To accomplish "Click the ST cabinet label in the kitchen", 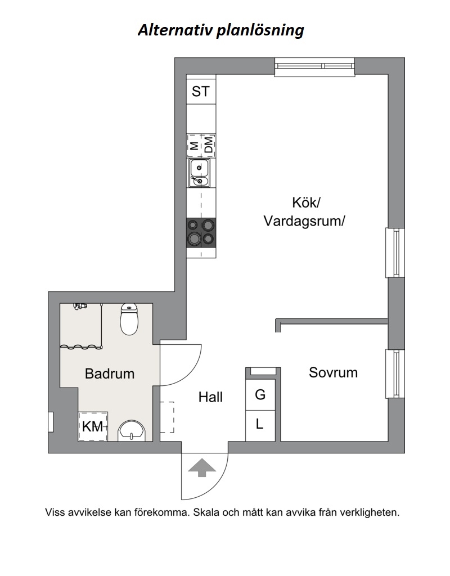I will pyautogui.click(x=201, y=91).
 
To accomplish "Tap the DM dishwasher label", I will pyautogui.click(x=209, y=146).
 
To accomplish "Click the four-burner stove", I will pyautogui.click(x=201, y=232).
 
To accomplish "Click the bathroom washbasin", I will pyautogui.click(x=132, y=431).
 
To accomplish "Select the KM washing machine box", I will pyautogui.click(x=93, y=426).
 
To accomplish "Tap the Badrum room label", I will pyautogui.click(x=110, y=373).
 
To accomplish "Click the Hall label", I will pyautogui.click(x=210, y=397).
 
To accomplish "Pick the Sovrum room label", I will pyautogui.click(x=333, y=372).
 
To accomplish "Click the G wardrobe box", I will pyautogui.click(x=260, y=395).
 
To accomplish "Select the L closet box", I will pyautogui.click(x=260, y=424).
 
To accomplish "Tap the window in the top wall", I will pyautogui.click(x=314, y=67).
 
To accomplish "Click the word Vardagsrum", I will pyautogui.click(x=304, y=221).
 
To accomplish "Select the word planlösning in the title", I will pyautogui.click(x=260, y=30).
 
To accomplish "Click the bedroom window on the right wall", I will pyautogui.click(x=396, y=373).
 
